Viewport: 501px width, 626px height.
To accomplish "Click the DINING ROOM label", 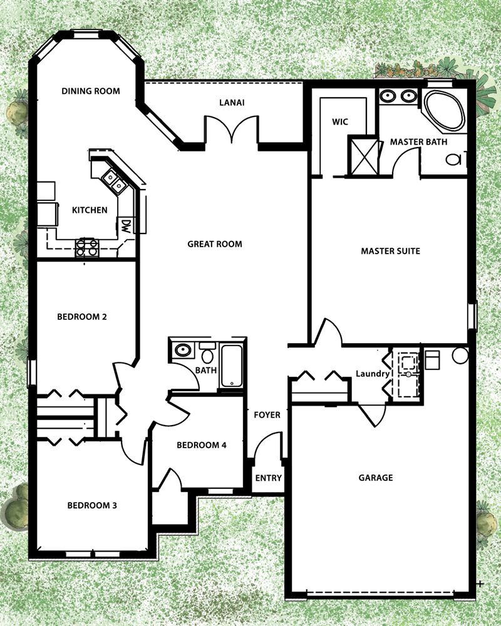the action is click(91, 91).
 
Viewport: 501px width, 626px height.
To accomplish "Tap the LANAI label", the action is click(232, 103).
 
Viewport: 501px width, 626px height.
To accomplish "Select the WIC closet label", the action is click(340, 122).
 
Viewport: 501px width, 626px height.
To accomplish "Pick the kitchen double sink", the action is click(113, 180).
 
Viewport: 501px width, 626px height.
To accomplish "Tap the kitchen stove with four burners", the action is click(87, 247).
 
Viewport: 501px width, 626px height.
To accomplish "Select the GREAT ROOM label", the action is click(215, 244).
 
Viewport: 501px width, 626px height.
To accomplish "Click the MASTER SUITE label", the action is click(390, 251).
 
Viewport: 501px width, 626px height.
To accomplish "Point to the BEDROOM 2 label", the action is click(82, 317).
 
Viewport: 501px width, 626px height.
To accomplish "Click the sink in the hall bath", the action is click(183, 350).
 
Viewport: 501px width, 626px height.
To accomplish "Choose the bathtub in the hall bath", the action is click(232, 366).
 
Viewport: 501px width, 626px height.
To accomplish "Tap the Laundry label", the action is click(373, 374).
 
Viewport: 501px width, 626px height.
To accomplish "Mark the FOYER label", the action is click(267, 415).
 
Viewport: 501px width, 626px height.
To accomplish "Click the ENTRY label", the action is click(269, 478).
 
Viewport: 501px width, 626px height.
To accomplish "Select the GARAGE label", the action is click(376, 478).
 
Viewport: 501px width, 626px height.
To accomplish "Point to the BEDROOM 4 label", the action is click(202, 444).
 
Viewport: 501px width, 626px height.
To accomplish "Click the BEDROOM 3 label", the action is click(92, 505).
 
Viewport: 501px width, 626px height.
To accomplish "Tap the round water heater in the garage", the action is click(460, 356).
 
